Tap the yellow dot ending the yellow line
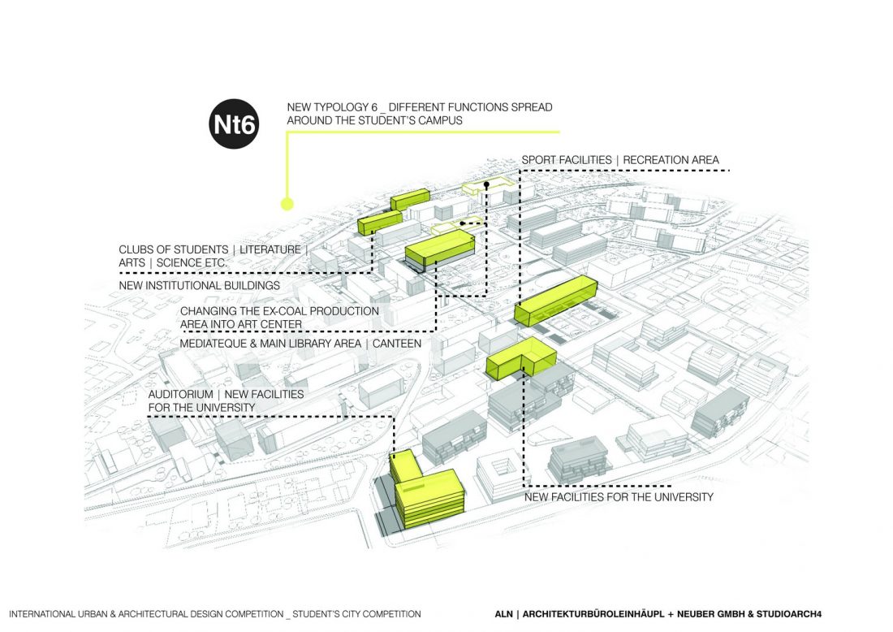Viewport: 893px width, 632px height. coord(286,204)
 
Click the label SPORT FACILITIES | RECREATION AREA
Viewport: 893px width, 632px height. coord(620,160)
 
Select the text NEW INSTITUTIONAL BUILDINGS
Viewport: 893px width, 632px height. coord(200,286)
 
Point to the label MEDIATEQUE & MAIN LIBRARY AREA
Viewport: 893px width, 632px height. coord(271,344)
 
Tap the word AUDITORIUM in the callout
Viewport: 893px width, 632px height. coord(180,394)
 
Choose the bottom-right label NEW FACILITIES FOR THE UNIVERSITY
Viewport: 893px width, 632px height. coord(619,496)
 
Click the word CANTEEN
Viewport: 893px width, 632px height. coord(397,344)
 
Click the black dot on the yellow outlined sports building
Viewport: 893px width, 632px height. coord(486,186)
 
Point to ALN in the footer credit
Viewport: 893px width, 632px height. coord(504,614)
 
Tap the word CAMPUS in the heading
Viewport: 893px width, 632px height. coord(446,120)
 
